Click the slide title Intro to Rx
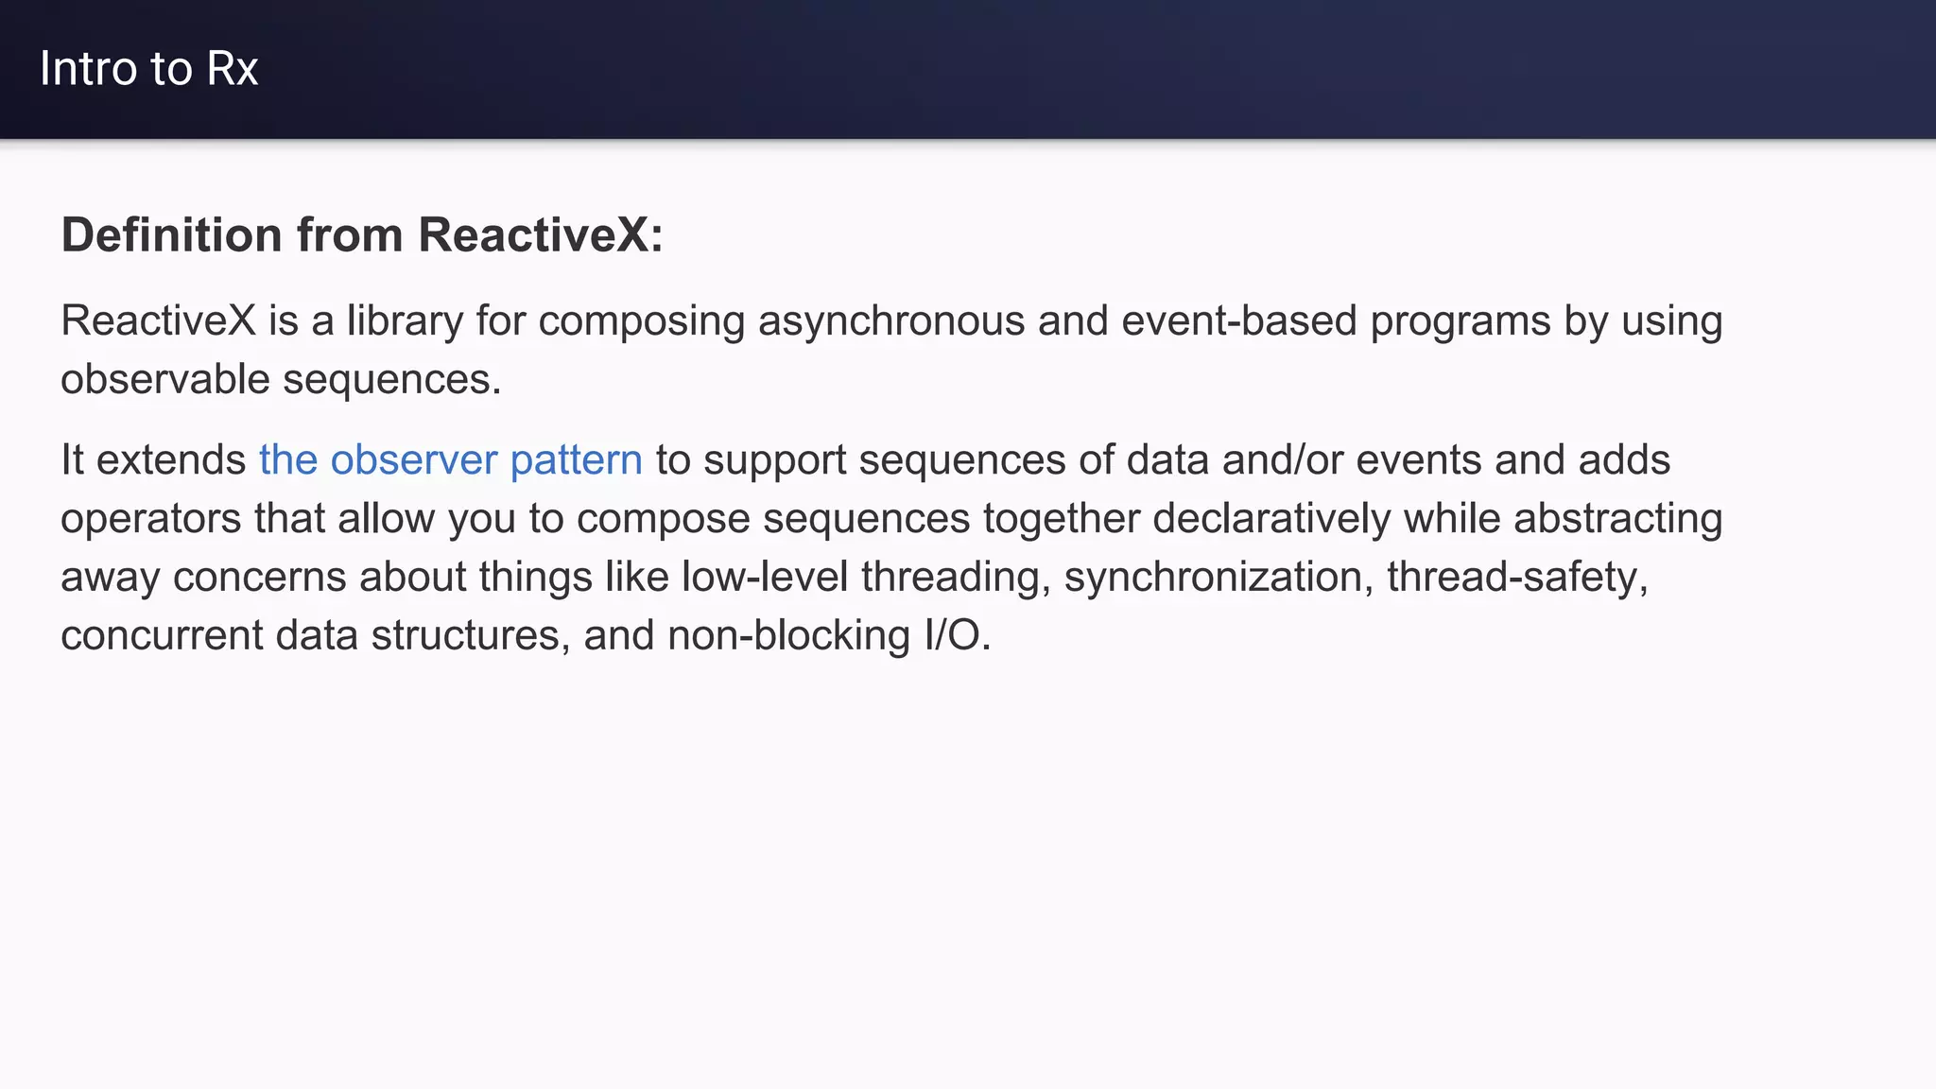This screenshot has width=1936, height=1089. point(148,69)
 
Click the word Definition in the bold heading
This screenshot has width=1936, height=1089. point(171,234)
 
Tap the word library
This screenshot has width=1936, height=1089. point(405,321)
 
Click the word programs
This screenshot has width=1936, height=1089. point(1461,321)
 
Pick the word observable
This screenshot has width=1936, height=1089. point(164,379)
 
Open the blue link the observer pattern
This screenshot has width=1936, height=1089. point(451,460)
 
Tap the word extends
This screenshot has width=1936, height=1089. point(171,460)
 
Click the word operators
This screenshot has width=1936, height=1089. point(151,519)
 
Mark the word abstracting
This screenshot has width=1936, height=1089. point(1617,519)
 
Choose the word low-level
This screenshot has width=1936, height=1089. point(765,577)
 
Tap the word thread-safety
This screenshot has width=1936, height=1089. point(1516,577)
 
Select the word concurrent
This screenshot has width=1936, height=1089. point(162,635)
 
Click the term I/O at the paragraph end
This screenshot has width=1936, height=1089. point(957,635)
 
